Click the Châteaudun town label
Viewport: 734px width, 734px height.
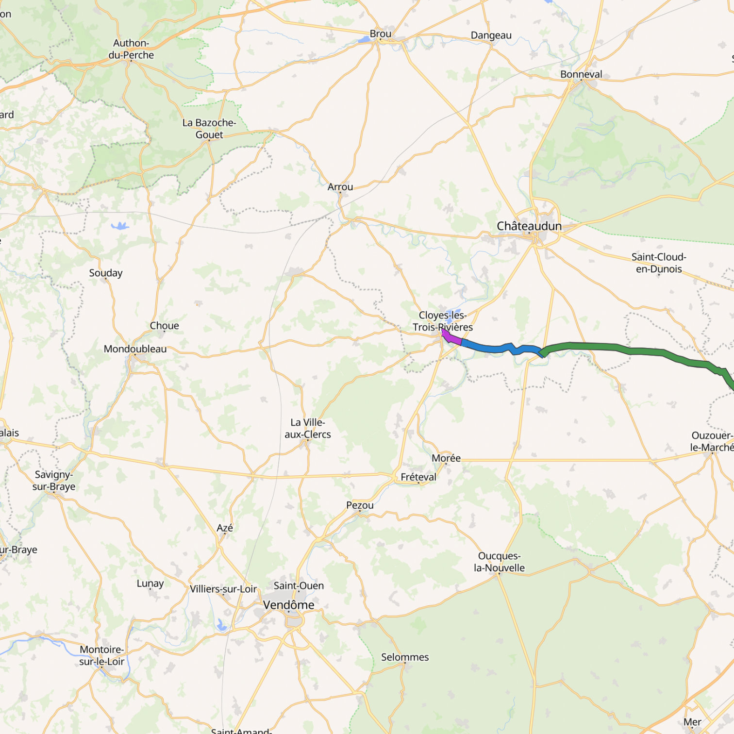(x=529, y=226)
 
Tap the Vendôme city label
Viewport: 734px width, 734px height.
(x=288, y=605)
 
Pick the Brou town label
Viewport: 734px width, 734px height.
(x=380, y=34)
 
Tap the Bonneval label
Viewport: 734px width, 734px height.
(x=581, y=74)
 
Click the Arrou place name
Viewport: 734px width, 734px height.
(x=340, y=187)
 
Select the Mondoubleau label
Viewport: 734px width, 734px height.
(x=135, y=349)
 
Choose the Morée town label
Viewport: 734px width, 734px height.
(x=446, y=458)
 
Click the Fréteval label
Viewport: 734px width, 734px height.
(x=418, y=477)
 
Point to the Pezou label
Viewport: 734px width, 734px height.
(x=360, y=505)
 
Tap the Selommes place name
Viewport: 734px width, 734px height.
(x=404, y=657)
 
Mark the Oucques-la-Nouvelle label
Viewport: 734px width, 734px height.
(x=499, y=562)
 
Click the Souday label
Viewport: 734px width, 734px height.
(x=105, y=273)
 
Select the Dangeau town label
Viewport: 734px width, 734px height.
(x=491, y=35)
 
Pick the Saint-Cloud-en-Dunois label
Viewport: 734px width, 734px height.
(x=658, y=263)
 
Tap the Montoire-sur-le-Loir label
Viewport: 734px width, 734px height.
(x=101, y=655)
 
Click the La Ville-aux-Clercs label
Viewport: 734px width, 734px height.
(x=307, y=429)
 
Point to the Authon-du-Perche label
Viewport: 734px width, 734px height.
(x=131, y=49)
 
